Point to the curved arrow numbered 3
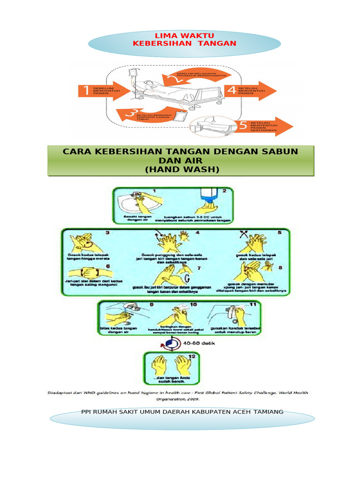point(136,114)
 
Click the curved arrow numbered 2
point(178,78)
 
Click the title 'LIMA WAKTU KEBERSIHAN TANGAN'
point(184,40)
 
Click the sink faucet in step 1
point(136,194)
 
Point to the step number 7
point(198,268)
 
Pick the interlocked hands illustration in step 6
point(85,272)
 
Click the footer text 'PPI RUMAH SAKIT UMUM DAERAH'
point(182,412)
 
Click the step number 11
point(252,305)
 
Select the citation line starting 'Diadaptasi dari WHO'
point(181,395)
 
